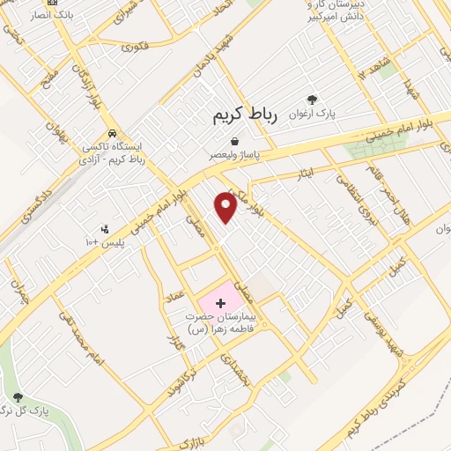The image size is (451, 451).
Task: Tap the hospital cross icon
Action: point(220,303)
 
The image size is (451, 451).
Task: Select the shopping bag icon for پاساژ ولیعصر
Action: point(234,140)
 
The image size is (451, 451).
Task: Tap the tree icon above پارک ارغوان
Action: point(312,100)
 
